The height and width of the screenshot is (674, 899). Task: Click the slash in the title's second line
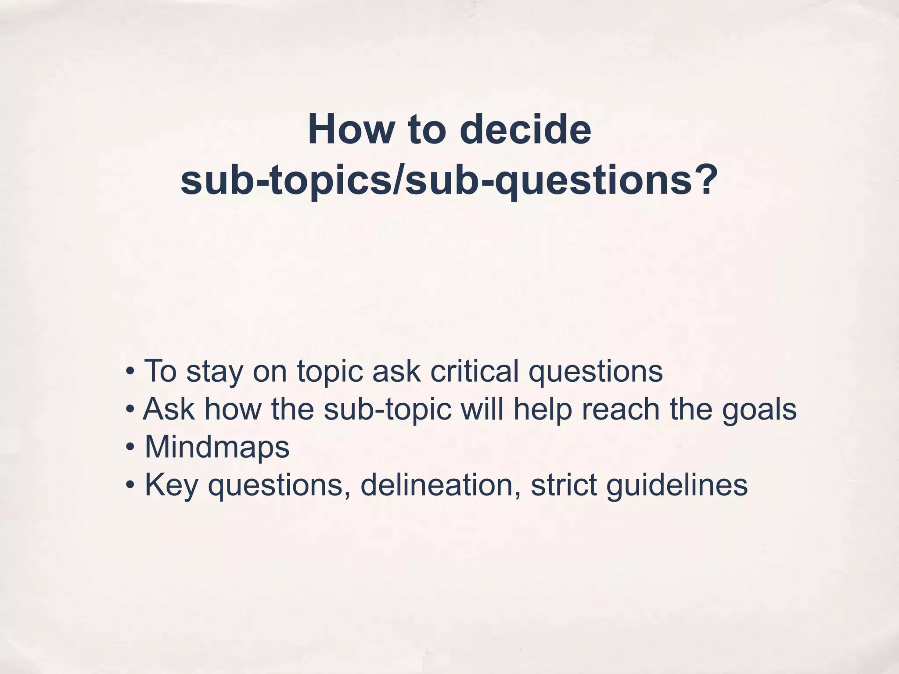click(x=397, y=180)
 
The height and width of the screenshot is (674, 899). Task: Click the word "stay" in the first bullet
click(x=214, y=371)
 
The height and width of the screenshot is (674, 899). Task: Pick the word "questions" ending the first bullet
click(x=596, y=371)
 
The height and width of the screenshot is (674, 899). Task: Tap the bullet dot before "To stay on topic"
click(x=129, y=372)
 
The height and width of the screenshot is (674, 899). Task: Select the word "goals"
click(x=759, y=409)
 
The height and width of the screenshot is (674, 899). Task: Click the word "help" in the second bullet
click(x=543, y=409)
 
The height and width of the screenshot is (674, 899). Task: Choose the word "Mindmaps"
click(x=217, y=447)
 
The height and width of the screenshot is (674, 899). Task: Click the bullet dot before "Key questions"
click(x=129, y=486)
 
